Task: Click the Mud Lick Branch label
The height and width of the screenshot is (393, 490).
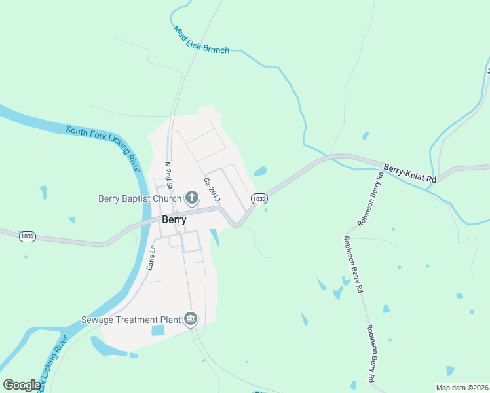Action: click(x=201, y=39)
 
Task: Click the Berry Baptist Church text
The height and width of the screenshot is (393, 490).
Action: click(x=140, y=198)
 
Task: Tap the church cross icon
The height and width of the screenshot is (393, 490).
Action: click(x=192, y=197)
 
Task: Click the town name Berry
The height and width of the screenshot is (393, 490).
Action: click(x=174, y=220)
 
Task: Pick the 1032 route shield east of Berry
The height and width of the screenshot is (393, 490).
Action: click(x=259, y=198)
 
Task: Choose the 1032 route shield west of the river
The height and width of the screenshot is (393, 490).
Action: click(x=28, y=236)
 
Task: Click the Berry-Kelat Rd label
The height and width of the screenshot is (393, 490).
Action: click(x=410, y=174)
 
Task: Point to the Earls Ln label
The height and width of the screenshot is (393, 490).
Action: click(x=151, y=257)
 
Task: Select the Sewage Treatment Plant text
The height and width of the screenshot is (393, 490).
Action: click(x=130, y=320)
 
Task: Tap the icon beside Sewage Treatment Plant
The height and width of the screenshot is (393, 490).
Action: click(x=191, y=319)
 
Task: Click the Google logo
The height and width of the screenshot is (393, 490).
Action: click(x=22, y=385)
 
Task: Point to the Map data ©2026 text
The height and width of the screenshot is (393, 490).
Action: click(x=462, y=388)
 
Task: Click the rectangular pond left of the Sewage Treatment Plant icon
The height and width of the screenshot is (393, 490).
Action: click(x=159, y=330)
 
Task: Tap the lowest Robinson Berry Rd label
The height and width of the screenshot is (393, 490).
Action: click(x=370, y=354)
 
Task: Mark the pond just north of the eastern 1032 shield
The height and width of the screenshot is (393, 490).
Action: click(x=260, y=172)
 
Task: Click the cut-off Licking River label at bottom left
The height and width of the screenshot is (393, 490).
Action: click(x=53, y=364)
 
